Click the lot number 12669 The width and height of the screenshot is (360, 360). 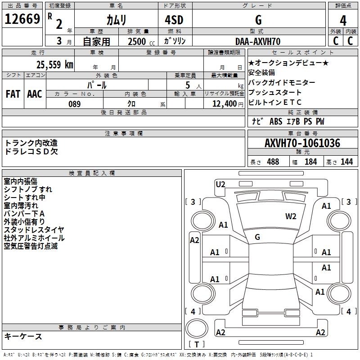[22, 19]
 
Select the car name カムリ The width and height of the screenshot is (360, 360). [116, 20]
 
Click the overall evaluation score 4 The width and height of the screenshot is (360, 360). [343, 21]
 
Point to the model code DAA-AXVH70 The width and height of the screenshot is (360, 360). [258, 41]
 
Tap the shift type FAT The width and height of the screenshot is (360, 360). [13, 94]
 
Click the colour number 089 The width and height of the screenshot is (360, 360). [74, 104]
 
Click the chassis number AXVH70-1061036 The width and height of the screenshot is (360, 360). [302, 144]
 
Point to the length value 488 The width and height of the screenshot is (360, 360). [273, 162]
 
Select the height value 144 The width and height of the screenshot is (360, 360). [346, 162]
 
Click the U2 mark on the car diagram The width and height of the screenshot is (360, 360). [220, 184]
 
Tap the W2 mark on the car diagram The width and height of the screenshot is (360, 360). [291, 216]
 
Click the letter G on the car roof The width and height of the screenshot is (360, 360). [257, 237]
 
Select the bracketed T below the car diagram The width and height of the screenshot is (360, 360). [197, 345]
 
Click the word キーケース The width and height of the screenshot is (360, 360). [23, 336]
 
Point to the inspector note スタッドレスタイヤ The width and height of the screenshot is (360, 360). [34, 230]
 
